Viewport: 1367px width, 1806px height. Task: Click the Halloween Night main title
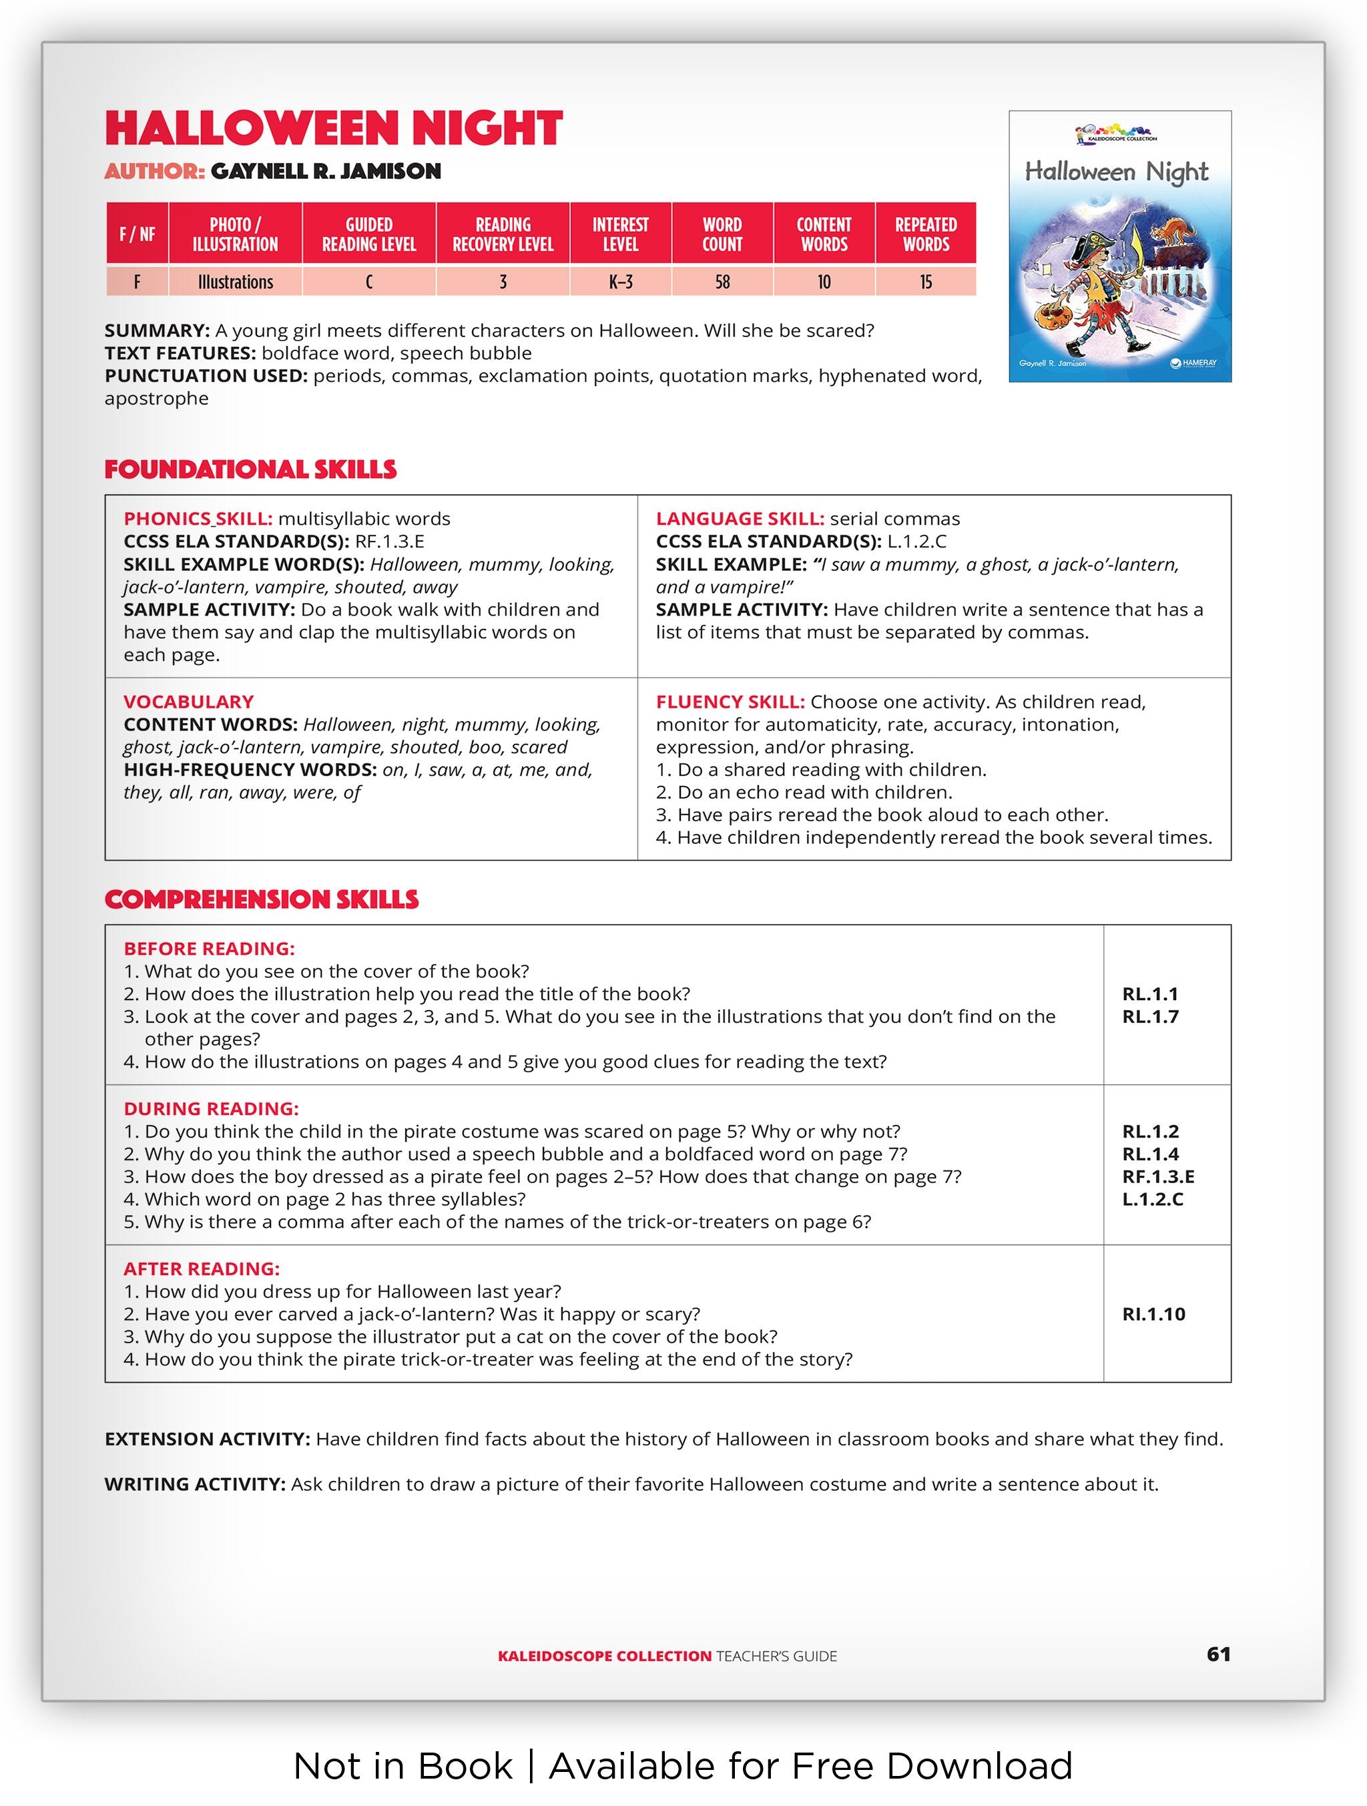pyautogui.click(x=333, y=128)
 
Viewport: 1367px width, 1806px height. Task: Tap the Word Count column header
pyautogui.click(x=722, y=234)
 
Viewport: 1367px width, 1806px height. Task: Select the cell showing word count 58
pyautogui.click(x=722, y=282)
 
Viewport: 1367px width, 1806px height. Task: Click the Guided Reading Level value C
pyautogui.click(x=369, y=282)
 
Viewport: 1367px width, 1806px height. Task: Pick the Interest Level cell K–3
pyautogui.click(x=620, y=282)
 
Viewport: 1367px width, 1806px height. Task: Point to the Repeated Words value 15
pyautogui.click(x=926, y=282)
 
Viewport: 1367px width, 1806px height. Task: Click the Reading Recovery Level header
pyautogui.click(x=503, y=234)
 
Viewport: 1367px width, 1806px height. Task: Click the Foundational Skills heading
pyautogui.click(x=250, y=469)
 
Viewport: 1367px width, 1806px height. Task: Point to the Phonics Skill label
pyautogui.click(x=198, y=519)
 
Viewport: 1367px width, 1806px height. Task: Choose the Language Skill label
pyautogui.click(x=740, y=519)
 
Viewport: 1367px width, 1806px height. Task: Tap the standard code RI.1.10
pyautogui.click(x=1153, y=1314)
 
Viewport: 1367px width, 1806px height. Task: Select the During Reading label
pyautogui.click(x=210, y=1109)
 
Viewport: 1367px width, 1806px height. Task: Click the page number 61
pyautogui.click(x=1217, y=1654)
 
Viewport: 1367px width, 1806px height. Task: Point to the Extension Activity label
pyautogui.click(x=206, y=1439)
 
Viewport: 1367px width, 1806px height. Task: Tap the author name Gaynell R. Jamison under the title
pyautogui.click(x=325, y=172)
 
